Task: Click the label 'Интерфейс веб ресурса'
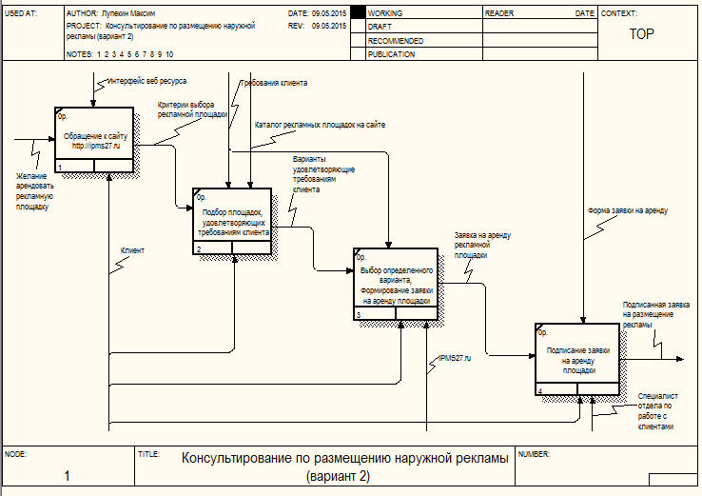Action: tap(146, 83)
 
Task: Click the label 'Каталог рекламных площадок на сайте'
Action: tap(320, 124)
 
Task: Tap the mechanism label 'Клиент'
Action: tap(132, 250)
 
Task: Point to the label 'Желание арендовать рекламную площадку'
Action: tap(36, 190)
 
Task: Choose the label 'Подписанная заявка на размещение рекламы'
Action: tap(655, 313)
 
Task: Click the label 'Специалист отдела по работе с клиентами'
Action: tap(656, 409)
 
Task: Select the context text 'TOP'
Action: tap(642, 33)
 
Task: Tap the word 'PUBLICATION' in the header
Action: tap(391, 54)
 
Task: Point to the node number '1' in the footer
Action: tap(67, 475)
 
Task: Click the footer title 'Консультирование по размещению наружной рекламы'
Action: tap(344, 458)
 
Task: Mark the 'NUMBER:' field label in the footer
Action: tap(535, 454)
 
